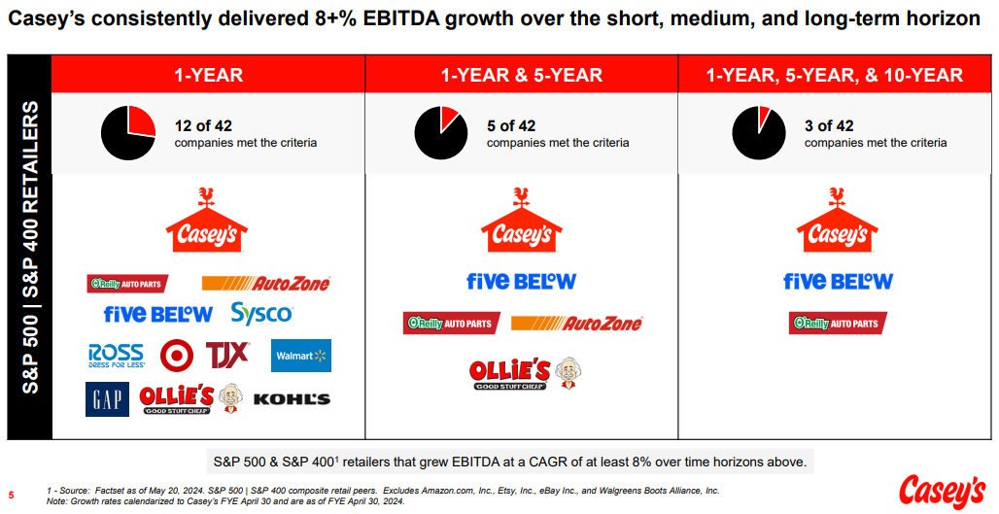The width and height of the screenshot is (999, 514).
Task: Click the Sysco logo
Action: pos(261,314)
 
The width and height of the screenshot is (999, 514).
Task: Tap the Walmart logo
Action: pos(301,356)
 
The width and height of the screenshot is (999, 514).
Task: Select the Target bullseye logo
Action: pos(177,356)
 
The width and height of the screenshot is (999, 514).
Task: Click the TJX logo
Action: pos(226,355)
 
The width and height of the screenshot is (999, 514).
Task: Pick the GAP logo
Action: pos(106,398)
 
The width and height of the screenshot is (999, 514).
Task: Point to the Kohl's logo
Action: pos(292,398)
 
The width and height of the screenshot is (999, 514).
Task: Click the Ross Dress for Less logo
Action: pos(116,356)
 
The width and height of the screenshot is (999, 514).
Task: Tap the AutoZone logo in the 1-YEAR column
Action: pos(265,283)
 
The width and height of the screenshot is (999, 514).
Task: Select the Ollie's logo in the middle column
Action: pos(525,372)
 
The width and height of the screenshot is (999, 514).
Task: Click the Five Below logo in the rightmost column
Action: pos(838,281)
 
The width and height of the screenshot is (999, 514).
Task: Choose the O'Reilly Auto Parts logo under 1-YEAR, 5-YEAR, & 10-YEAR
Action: pos(838,323)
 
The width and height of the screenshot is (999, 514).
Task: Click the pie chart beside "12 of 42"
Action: pos(127,133)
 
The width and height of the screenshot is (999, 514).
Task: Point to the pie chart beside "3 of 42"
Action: pos(758,133)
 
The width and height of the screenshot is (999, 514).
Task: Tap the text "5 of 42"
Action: pos(511,125)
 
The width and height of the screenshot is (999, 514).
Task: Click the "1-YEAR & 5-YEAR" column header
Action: pos(521,75)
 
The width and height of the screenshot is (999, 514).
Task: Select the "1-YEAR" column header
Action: pos(208,75)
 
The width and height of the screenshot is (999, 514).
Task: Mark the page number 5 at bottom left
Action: pos(12,493)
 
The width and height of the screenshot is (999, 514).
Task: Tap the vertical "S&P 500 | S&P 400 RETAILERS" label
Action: pos(30,247)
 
